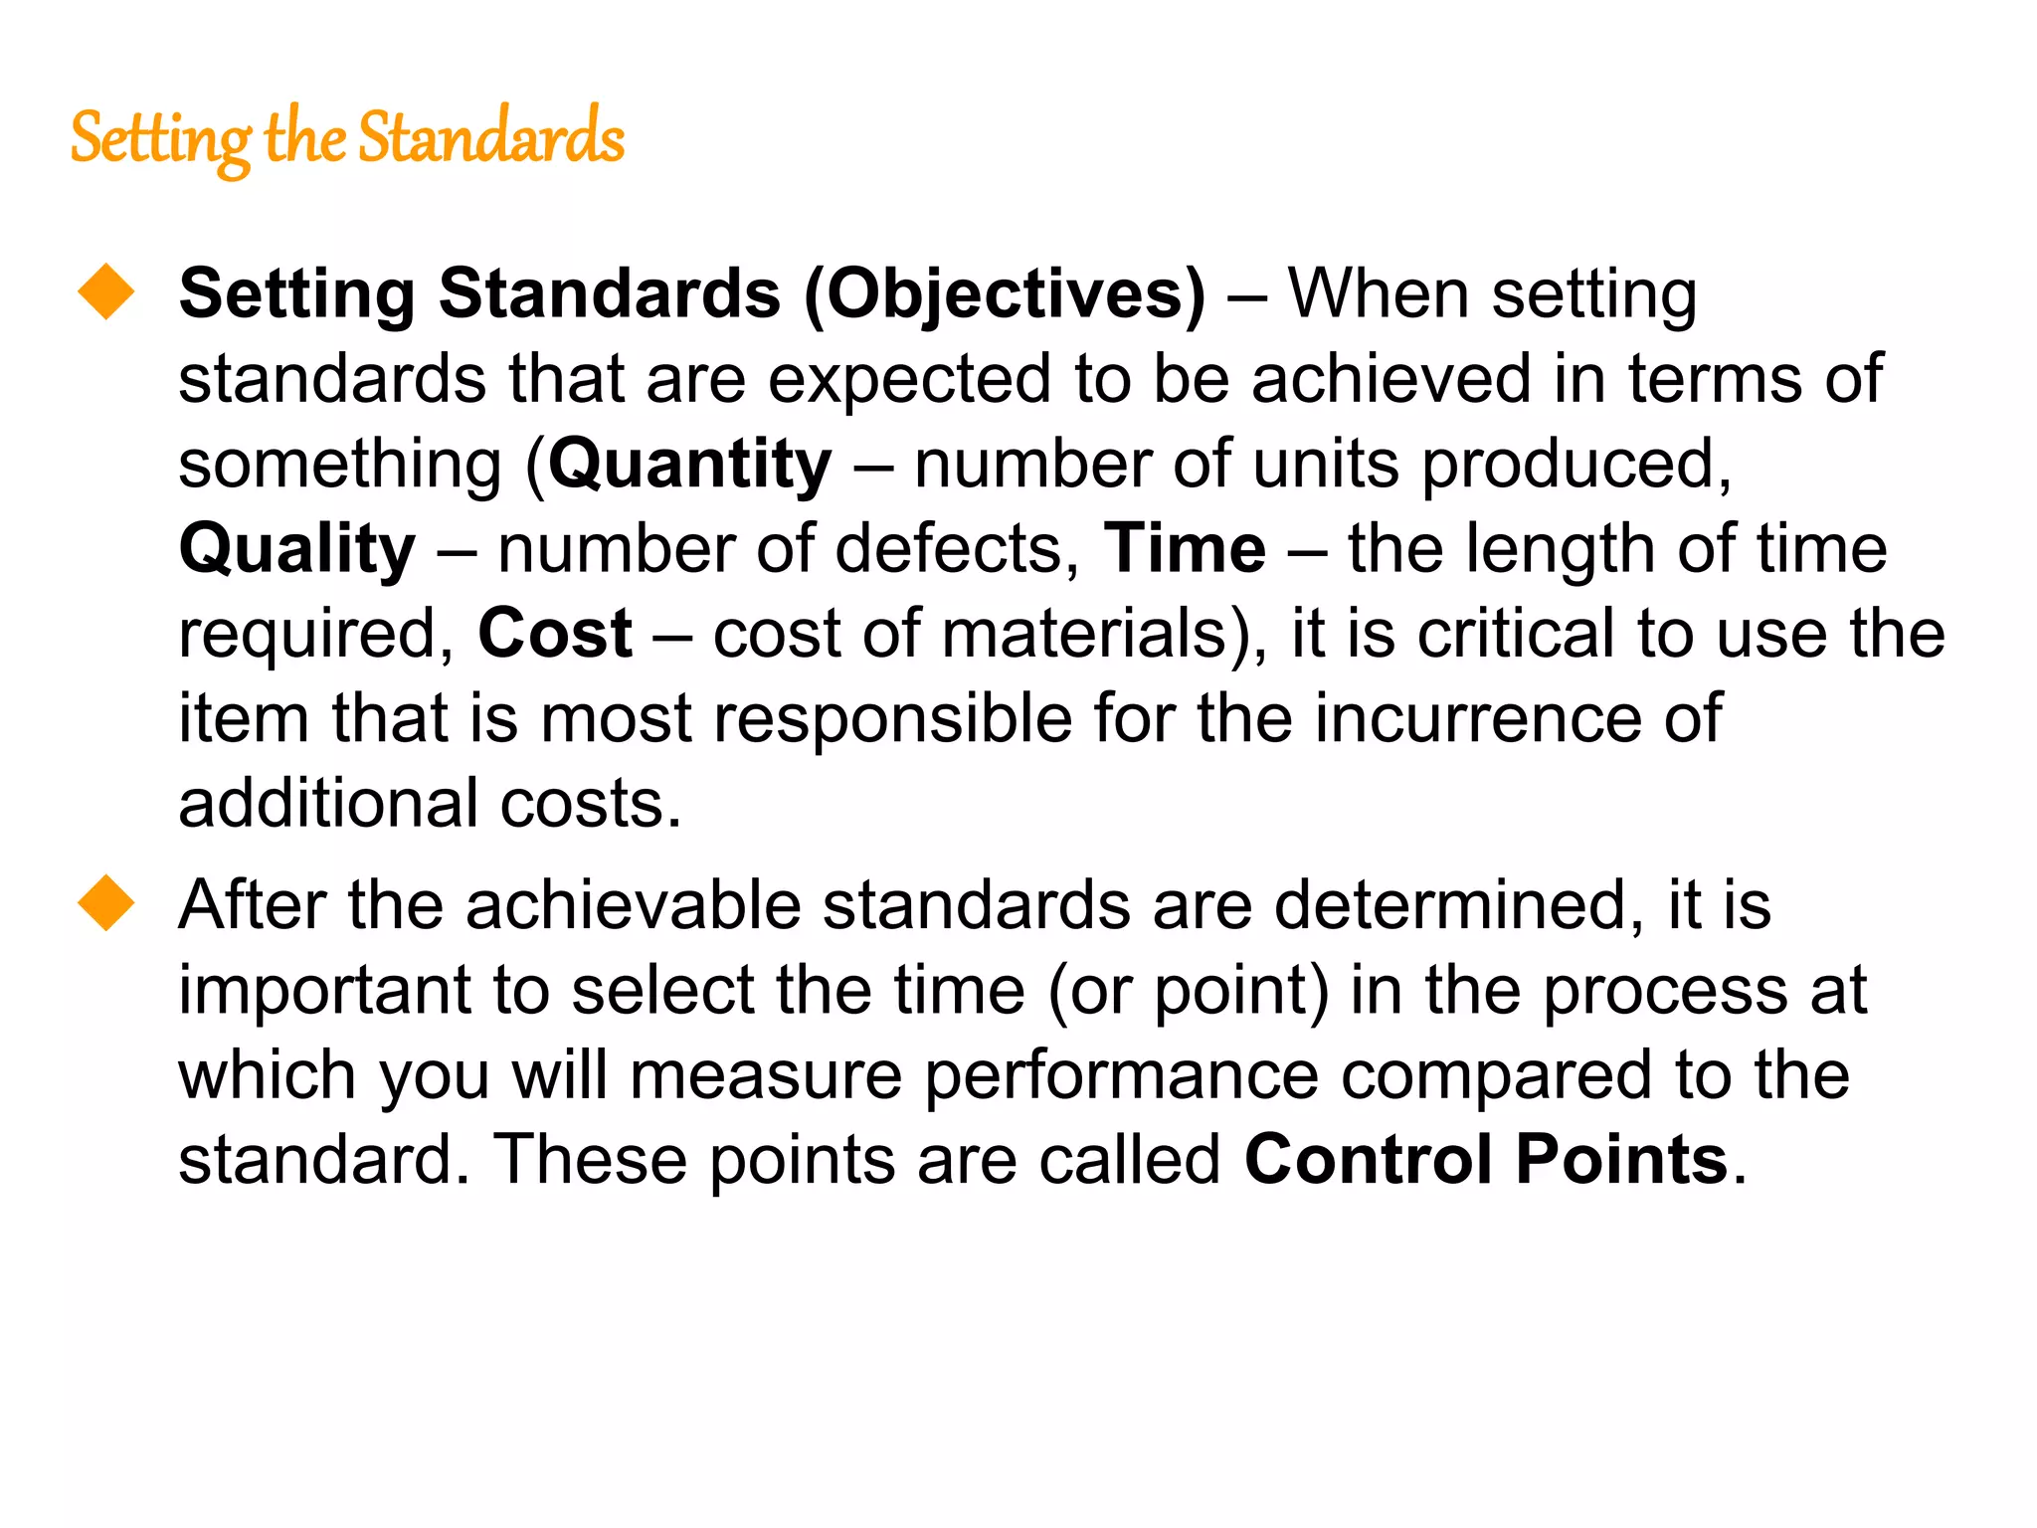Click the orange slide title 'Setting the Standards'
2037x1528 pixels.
pos(347,138)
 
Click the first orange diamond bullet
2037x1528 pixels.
pos(106,291)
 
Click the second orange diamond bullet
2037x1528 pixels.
pos(106,902)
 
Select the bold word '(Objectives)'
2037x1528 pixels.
pos(1004,294)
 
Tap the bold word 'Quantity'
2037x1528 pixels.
pos(689,465)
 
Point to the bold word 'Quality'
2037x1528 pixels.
pos(296,549)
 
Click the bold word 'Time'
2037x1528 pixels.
pos(1185,549)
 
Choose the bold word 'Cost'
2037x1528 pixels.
pos(554,634)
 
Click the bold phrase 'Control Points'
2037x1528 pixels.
pos(1486,1160)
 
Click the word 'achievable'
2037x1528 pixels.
pos(633,905)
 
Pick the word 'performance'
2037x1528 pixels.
pos(1121,1075)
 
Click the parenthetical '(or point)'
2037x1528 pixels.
pos(1188,991)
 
